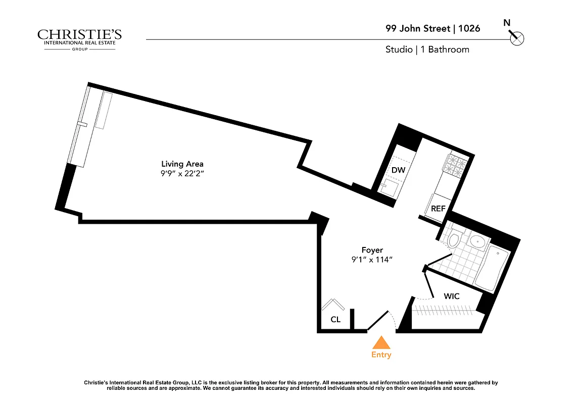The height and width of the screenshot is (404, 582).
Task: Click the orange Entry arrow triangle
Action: pyautogui.click(x=381, y=343)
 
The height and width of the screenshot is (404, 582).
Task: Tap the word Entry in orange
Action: pyautogui.click(x=381, y=355)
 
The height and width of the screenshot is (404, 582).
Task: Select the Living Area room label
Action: pyautogui.click(x=182, y=164)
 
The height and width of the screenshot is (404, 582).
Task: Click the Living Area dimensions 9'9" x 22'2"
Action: pyautogui.click(x=182, y=174)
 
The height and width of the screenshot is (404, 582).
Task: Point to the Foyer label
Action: pyautogui.click(x=372, y=250)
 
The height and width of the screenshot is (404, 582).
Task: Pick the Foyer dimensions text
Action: pyautogui.click(x=372, y=260)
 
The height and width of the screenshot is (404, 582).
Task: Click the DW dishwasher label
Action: pyautogui.click(x=398, y=170)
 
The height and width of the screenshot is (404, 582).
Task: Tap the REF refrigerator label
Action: pyautogui.click(x=438, y=209)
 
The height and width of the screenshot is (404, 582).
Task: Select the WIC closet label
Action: pyautogui.click(x=452, y=296)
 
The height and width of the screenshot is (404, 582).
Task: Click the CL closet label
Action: pyautogui.click(x=335, y=319)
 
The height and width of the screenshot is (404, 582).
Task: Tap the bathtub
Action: pyautogui.click(x=493, y=270)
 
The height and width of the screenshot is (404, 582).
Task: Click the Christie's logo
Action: pyautogui.click(x=79, y=38)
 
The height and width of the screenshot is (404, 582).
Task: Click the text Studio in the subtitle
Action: pyautogui.click(x=399, y=49)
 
